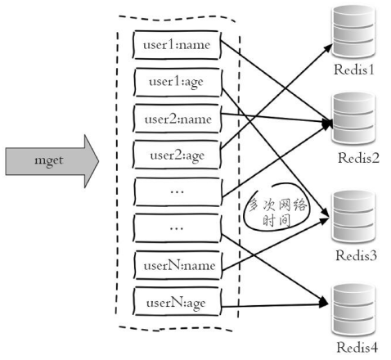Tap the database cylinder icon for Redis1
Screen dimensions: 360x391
coord(353,31)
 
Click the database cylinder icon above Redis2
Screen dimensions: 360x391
coord(353,116)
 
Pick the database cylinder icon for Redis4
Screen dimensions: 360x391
coord(353,305)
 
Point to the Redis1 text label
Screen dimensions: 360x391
coord(353,70)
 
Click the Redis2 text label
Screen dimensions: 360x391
coord(358,158)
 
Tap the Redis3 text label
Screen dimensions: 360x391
coord(354,257)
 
